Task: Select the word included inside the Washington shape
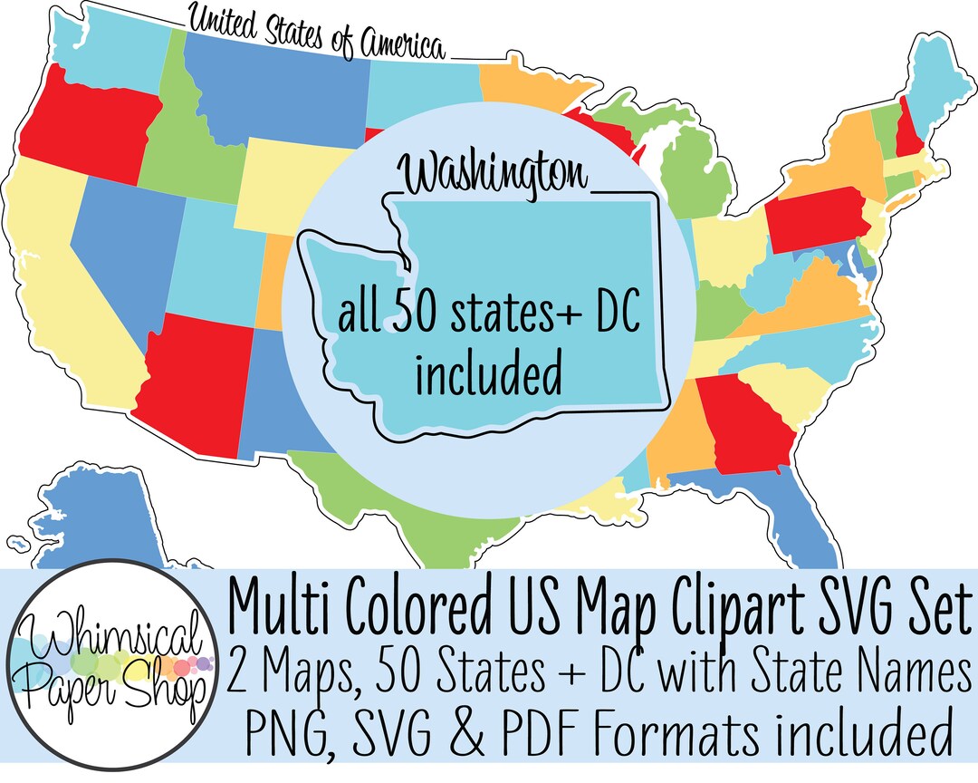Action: coord(488,374)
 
